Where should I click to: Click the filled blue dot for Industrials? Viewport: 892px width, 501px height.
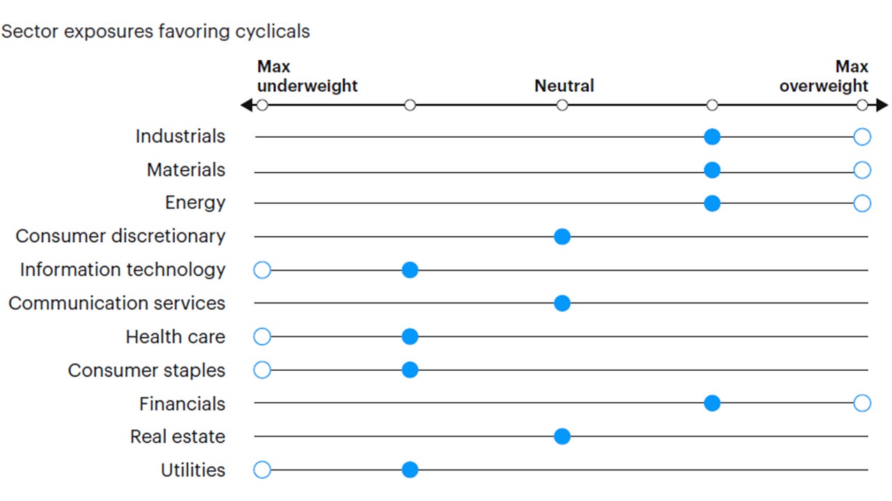tap(712, 137)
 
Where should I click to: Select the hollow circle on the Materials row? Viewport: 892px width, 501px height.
tap(862, 170)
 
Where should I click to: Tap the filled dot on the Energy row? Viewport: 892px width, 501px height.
tap(712, 203)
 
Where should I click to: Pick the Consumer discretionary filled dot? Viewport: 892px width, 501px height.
tap(562, 237)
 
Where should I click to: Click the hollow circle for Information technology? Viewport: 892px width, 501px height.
tap(262, 270)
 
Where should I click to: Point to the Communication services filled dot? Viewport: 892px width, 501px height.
tap(562, 303)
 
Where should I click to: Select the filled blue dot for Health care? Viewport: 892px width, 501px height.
tap(410, 337)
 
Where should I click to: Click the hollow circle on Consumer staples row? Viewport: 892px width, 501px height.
tap(262, 370)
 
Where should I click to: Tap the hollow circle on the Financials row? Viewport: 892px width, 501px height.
tap(862, 403)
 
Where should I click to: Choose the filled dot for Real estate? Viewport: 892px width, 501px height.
tap(562, 436)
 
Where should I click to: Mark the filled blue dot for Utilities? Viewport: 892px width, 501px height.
tap(410, 470)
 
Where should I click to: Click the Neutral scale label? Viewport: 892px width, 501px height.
tap(564, 86)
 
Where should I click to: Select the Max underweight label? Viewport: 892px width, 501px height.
tap(307, 77)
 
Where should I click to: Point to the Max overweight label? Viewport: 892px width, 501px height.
tap(824, 77)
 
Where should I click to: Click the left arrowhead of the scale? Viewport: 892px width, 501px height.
tap(245, 106)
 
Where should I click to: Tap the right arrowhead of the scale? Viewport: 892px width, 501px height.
tap(883, 106)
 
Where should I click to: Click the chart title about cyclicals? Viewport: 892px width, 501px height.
tap(156, 32)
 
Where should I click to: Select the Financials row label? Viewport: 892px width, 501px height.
tap(182, 404)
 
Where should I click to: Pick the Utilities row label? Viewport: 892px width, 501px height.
tap(193, 470)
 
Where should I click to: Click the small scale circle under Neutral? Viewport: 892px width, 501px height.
tap(562, 106)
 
